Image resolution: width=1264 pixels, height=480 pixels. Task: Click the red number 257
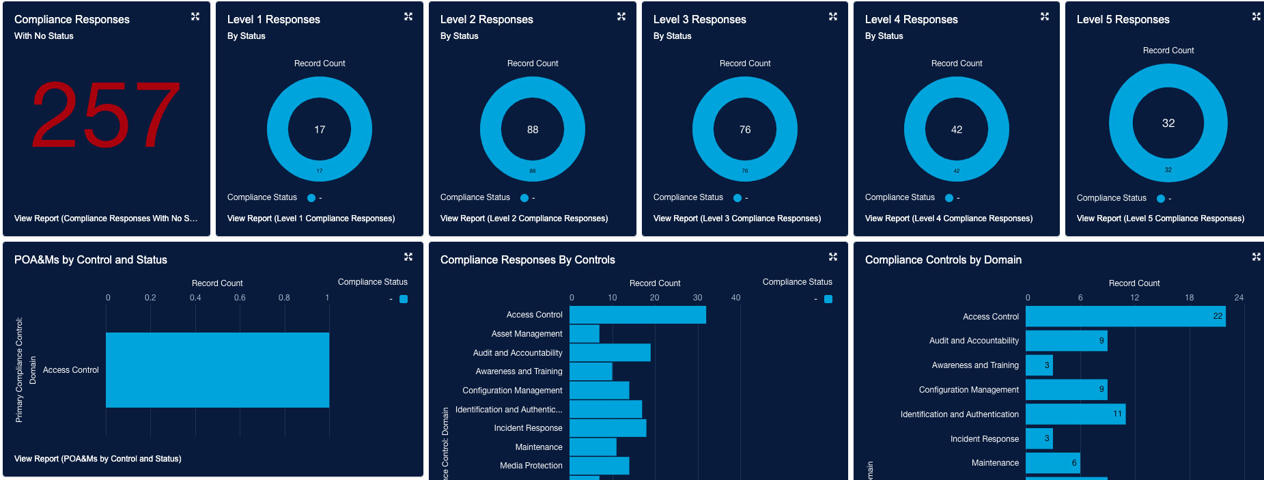pyautogui.click(x=106, y=115)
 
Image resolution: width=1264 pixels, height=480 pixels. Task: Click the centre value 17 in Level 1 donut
pyautogui.click(x=320, y=130)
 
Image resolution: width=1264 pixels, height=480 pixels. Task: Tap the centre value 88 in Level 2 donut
pyautogui.click(x=533, y=130)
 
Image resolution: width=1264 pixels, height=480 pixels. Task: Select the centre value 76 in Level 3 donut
pyautogui.click(x=745, y=130)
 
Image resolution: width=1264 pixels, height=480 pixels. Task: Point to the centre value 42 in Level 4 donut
pyautogui.click(x=957, y=130)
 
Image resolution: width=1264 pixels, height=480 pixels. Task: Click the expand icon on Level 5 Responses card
pyautogui.click(x=1256, y=16)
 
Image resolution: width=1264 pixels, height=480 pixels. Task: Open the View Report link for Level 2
pyautogui.click(x=524, y=218)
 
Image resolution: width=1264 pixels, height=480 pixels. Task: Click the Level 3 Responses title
pyautogui.click(x=699, y=20)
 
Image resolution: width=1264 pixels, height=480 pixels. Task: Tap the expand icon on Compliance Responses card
pyautogui.click(x=195, y=16)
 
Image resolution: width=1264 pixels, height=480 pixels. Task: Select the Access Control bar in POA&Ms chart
pyautogui.click(x=217, y=370)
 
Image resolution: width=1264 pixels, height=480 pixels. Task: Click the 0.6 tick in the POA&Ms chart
pyautogui.click(x=240, y=298)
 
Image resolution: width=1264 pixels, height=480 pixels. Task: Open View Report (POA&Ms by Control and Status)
pyautogui.click(x=98, y=459)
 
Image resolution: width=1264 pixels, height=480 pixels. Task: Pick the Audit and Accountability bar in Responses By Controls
pyautogui.click(x=610, y=352)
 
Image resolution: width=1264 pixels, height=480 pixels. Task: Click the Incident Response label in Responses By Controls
pyautogui.click(x=528, y=428)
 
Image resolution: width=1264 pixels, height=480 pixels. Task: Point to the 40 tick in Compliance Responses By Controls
pyautogui.click(x=735, y=298)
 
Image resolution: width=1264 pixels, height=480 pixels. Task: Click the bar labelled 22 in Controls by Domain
pyautogui.click(x=1125, y=316)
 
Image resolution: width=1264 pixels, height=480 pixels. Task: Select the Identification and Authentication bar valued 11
pyautogui.click(x=1076, y=414)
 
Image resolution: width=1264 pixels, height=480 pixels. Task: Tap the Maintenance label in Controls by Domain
pyautogui.click(x=995, y=463)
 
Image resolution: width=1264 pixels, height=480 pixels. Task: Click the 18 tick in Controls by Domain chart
pyautogui.click(x=1189, y=298)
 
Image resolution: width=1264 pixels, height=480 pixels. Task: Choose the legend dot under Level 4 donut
pyautogui.click(x=949, y=198)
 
